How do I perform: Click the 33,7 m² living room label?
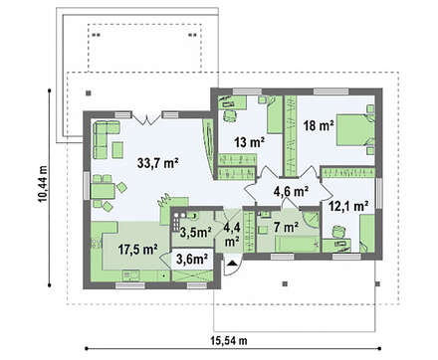(x=158, y=163)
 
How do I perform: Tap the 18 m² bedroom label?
(x=319, y=125)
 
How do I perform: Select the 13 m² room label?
(x=249, y=142)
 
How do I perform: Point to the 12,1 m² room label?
(x=348, y=207)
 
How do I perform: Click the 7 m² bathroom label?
(x=286, y=227)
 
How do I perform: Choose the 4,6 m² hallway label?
(x=291, y=191)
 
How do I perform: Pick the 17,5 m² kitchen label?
(x=137, y=250)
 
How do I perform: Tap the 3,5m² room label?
(x=195, y=232)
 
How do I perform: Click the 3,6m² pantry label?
(x=192, y=259)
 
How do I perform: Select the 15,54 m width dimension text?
(x=229, y=340)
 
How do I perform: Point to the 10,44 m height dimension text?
(x=43, y=184)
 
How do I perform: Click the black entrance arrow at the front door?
(x=232, y=264)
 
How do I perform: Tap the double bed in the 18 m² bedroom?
(x=355, y=129)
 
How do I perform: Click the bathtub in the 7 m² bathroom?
(x=297, y=244)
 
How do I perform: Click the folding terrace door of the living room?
(x=147, y=119)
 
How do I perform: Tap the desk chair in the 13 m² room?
(x=230, y=115)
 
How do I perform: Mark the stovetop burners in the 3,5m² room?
(x=175, y=222)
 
